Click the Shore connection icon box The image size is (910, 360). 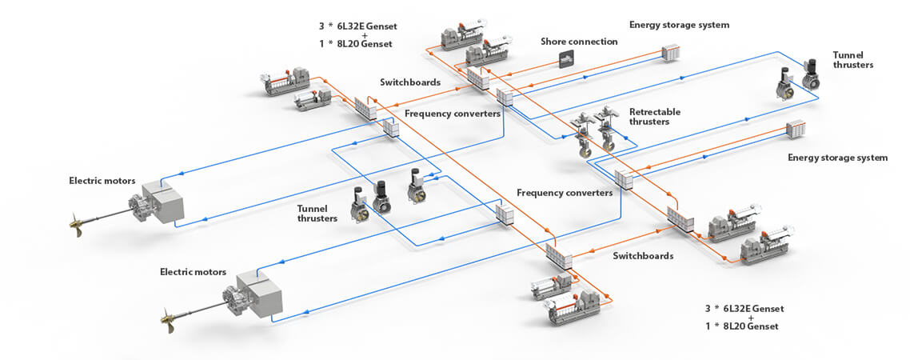point(567,59)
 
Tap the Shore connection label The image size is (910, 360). point(579,42)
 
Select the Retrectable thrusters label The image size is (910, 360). point(655,117)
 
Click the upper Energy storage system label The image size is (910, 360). point(679,25)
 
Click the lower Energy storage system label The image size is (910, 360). point(837,158)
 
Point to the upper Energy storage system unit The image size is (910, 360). point(670,53)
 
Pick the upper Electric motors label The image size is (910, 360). point(102,181)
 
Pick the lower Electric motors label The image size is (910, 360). point(194,272)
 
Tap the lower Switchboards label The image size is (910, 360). point(644,255)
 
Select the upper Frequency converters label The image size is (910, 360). point(453,114)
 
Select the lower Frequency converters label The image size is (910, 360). point(565,193)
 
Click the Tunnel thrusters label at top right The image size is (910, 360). point(852,60)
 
